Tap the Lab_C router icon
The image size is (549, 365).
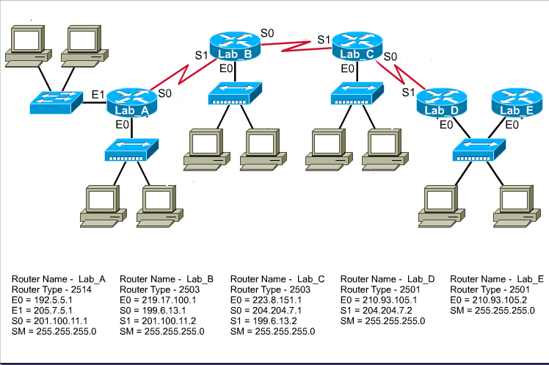coord(358,49)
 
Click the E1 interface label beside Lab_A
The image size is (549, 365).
coord(97,95)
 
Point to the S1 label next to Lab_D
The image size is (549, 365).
coord(409,92)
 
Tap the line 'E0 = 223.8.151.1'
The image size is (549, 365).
coord(267,300)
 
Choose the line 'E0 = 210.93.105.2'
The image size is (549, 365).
coord(486,300)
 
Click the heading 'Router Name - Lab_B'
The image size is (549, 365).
coord(167,279)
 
